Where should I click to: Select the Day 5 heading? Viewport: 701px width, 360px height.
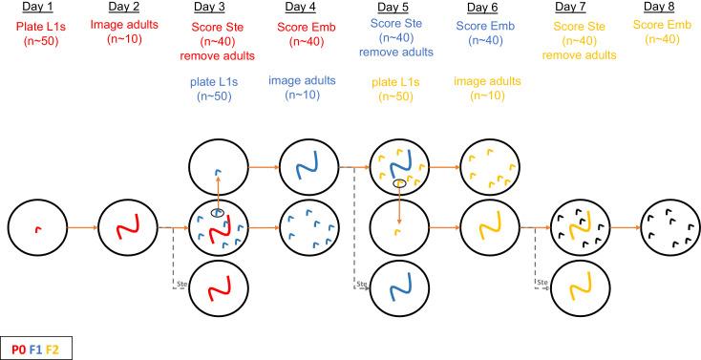(x=397, y=10)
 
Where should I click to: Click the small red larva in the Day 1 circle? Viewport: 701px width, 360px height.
(x=36, y=228)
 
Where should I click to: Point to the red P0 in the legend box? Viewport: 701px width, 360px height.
(x=18, y=349)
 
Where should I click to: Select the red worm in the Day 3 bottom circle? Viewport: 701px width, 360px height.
(x=218, y=286)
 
